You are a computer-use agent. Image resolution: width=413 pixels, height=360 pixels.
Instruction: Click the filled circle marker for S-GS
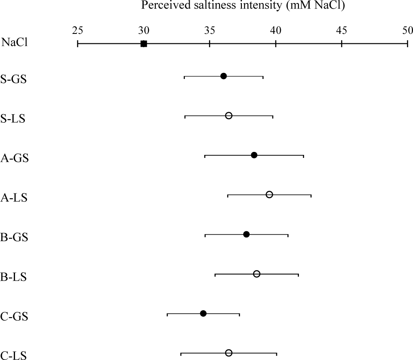pyautogui.click(x=223, y=76)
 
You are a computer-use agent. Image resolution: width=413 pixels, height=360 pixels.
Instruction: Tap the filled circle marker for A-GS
pyautogui.click(x=254, y=155)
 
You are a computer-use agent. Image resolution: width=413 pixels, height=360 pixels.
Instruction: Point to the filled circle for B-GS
pyautogui.click(x=246, y=234)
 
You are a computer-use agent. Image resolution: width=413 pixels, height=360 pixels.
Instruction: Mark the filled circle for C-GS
pyautogui.click(x=203, y=313)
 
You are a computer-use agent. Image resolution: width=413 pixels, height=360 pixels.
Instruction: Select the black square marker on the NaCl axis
pyautogui.click(x=144, y=44)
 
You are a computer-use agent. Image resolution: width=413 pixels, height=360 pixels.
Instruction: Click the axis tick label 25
pyautogui.click(x=78, y=30)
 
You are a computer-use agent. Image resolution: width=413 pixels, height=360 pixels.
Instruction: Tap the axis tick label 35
pyautogui.click(x=210, y=30)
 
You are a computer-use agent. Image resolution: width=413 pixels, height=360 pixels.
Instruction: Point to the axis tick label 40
pyautogui.click(x=275, y=30)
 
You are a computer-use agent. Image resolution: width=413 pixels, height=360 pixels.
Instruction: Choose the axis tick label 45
pyautogui.click(x=342, y=30)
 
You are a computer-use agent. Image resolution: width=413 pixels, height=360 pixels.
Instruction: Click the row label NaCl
pyautogui.click(x=15, y=42)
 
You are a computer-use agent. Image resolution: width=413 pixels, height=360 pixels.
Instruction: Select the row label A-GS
pyautogui.click(x=15, y=158)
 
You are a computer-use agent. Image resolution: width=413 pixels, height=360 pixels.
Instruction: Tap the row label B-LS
pyautogui.click(x=13, y=277)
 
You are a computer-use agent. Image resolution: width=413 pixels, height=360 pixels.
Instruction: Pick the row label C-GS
pyautogui.click(x=14, y=316)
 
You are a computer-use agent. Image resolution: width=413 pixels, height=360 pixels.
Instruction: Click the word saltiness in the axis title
pyautogui.click(x=214, y=5)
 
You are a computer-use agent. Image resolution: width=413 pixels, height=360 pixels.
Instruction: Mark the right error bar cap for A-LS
pyautogui.click(x=311, y=196)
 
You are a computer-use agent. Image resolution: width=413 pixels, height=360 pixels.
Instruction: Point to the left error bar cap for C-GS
pyautogui.click(x=167, y=314)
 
